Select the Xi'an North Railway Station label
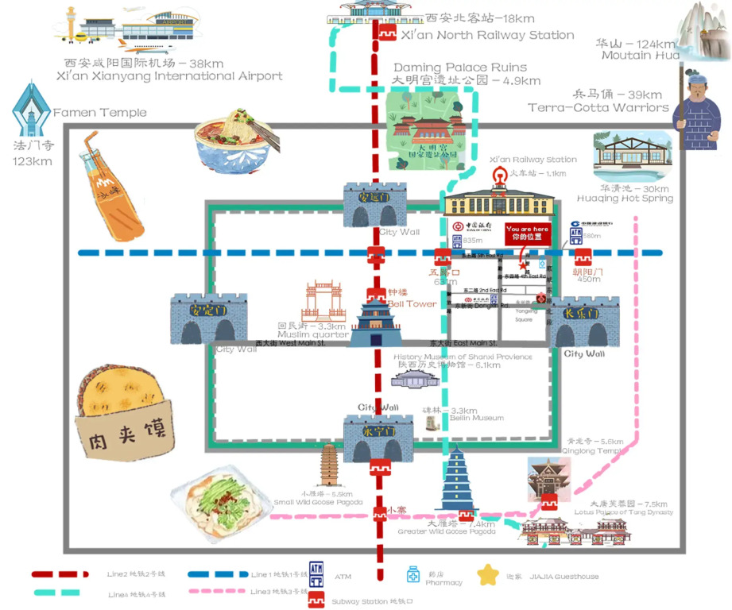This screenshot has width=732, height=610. pyautogui.click(x=487, y=35)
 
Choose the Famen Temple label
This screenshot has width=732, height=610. pyautogui.click(x=100, y=113)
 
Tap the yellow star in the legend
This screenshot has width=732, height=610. pyautogui.click(x=488, y=575)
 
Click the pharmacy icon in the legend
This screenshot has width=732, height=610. pyautogui.click(x=412, y=574)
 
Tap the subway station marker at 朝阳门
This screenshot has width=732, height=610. pyautogui.click(x=584, y=257)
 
